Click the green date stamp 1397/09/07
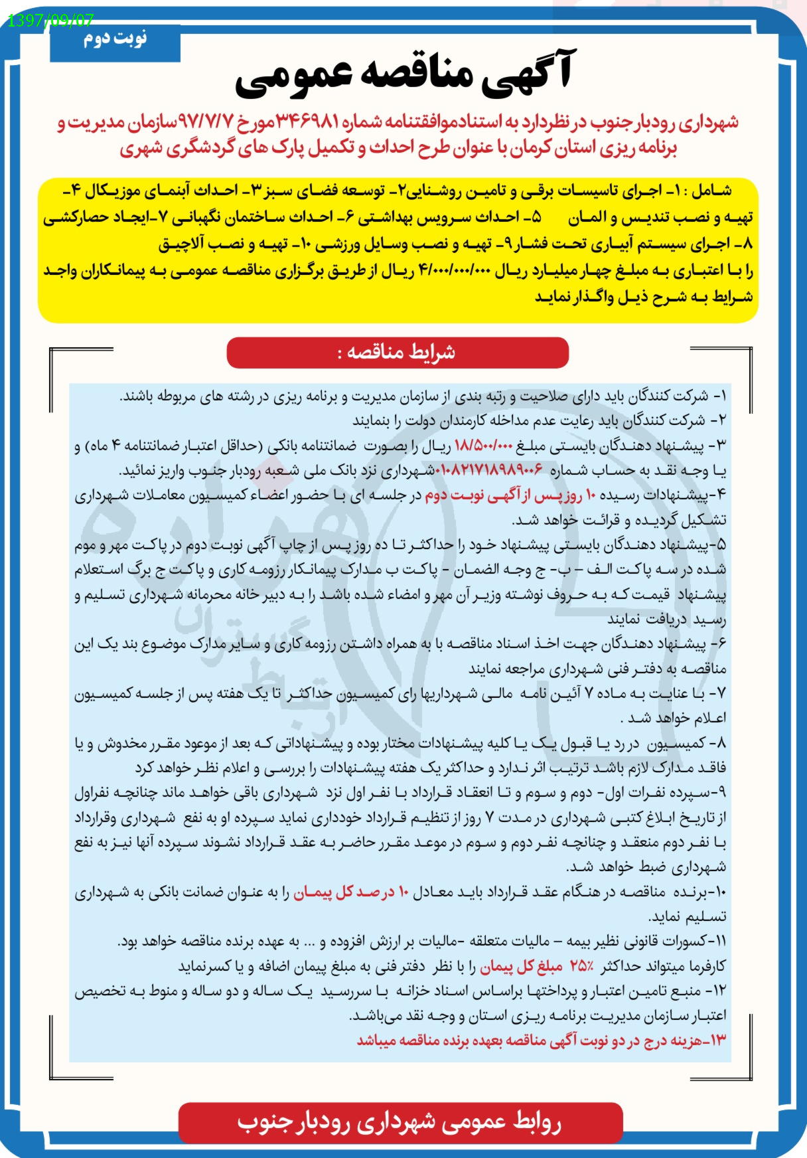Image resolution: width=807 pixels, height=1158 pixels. coord(50,21)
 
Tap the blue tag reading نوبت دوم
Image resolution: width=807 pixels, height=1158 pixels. coord(115,40)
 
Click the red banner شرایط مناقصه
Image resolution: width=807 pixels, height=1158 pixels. coord(398,352)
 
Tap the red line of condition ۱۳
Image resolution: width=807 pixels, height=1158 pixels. coord(541,1040)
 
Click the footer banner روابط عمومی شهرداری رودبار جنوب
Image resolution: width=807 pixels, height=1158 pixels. coord(400,1123)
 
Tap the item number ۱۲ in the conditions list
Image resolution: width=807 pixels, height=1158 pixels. coord(718,991)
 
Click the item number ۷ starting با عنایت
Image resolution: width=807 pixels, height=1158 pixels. coord(719,694)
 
